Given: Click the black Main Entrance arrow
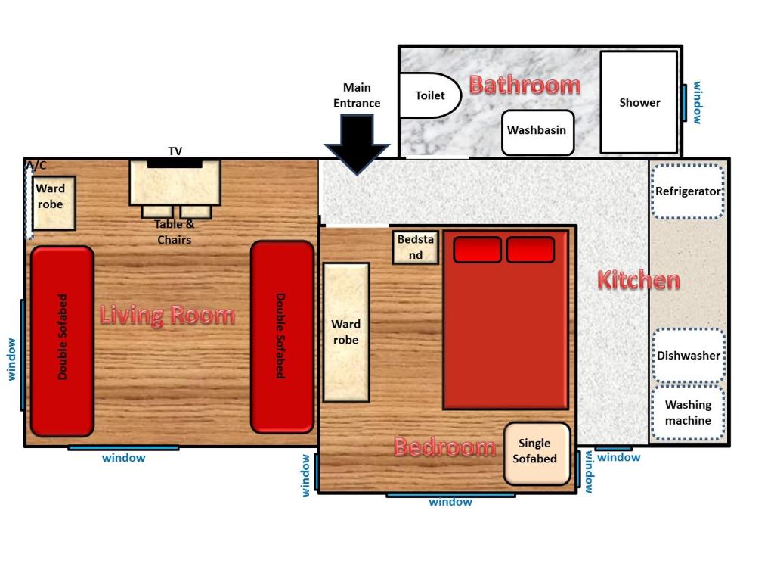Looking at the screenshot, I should pos(357,142).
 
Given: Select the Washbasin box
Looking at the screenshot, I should pos(537,131).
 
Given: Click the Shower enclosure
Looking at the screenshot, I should pos(639,102).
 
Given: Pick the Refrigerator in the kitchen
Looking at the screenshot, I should pos(688,191).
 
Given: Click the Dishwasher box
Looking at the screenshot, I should pos(688,355).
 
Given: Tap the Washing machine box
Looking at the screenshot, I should pos(688,413).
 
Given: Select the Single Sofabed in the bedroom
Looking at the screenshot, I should pos(537,453).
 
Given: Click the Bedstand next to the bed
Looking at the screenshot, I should pos(416,247).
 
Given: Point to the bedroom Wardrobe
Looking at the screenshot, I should pos(346,332).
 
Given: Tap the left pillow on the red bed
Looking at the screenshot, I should pos(477,250).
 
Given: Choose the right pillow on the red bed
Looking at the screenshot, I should pos(530,250).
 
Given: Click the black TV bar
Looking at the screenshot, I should pos(175,163).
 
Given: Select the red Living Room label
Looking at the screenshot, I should pos(167,315).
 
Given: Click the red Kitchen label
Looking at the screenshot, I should pos(639,280).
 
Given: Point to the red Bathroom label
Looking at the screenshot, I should pos(525,84).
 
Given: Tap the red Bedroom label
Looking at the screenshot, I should pos(444,447).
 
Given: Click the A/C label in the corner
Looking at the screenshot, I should pos(36,165).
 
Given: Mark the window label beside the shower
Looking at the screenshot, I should pos(697,102).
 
